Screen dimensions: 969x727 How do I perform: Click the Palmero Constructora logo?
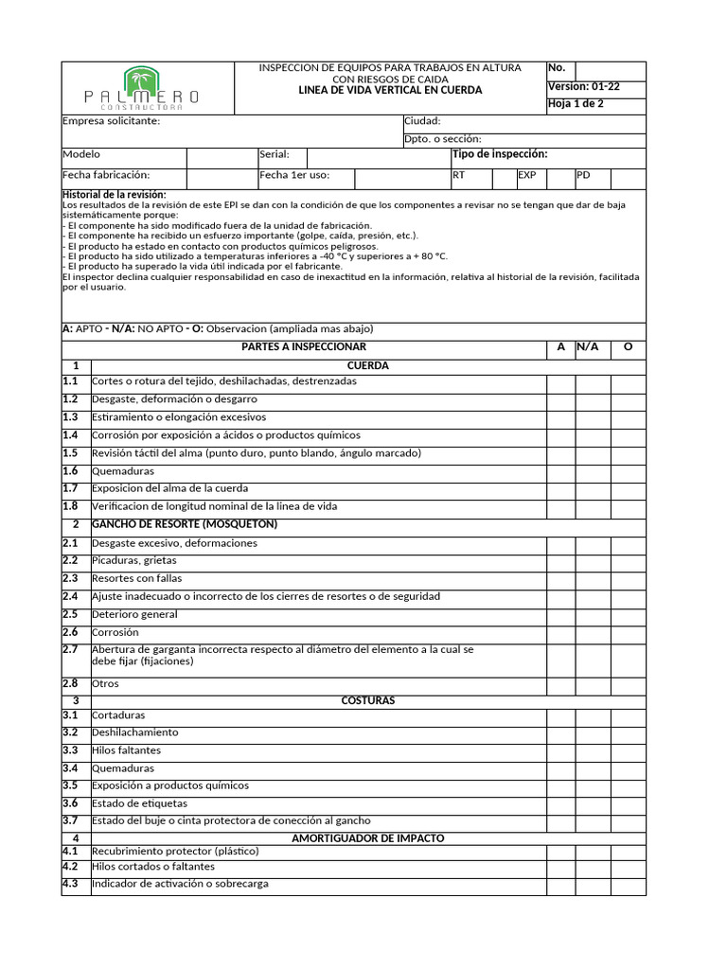(142, 88)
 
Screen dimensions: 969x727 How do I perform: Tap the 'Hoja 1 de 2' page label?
(576, 104)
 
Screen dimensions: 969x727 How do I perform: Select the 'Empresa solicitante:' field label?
(111, 121)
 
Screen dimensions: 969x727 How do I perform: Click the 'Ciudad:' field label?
(422, 121)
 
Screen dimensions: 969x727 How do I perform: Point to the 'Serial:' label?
(275, 154)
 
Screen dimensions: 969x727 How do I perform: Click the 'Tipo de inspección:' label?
(500, 154)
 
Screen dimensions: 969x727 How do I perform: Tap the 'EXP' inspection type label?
(526, 175)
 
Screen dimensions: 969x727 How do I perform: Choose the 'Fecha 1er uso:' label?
(293, 175)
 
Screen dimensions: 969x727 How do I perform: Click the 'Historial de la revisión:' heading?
(113, 194)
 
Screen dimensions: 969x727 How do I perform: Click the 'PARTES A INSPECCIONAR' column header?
(304, 347)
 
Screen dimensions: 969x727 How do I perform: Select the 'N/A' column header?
(588, 347)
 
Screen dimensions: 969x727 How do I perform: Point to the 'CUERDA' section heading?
(368, 365)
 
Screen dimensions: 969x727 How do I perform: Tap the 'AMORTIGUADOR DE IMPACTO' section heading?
(368, 838)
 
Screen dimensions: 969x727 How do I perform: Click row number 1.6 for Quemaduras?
(71, 471)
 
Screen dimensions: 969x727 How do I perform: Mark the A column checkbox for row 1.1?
(560, 382)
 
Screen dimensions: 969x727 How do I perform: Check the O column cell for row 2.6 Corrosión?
(628, 633)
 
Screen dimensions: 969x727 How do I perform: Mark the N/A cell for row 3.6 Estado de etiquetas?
(593, 803)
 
